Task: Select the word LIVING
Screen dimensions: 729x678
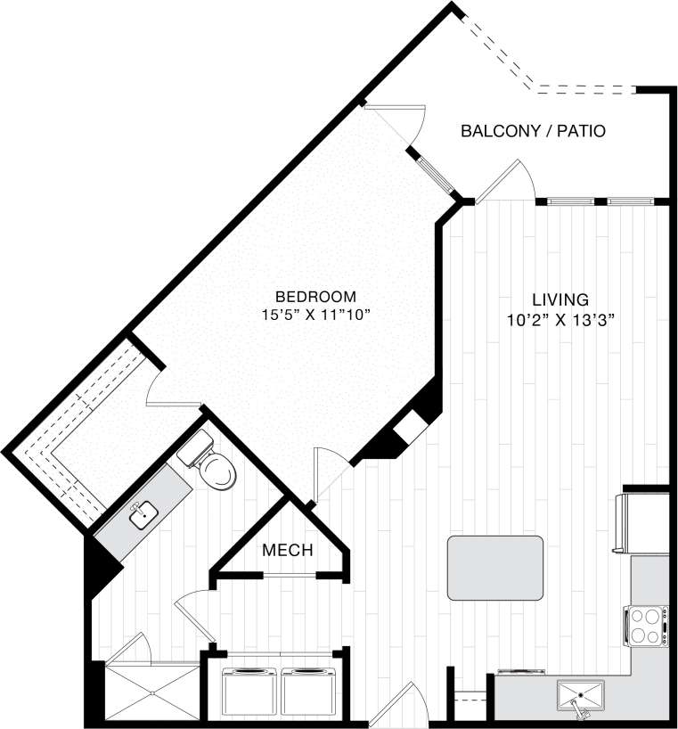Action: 560,299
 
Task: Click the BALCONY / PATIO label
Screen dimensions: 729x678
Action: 533,131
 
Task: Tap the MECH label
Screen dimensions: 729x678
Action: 287,551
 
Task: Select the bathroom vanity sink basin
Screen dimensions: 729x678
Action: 143,514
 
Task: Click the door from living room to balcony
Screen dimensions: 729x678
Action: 504,183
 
